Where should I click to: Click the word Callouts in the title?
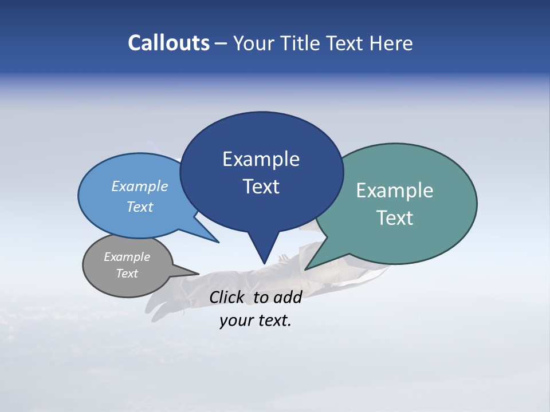[168, 43]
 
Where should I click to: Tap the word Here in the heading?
[391, 43]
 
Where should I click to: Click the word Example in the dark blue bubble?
[261, 159]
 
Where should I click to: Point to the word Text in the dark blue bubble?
[261, 187]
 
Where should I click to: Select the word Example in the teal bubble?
[395, 191]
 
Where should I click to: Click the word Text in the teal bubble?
[395, 218]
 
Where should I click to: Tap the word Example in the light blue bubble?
[140, 186]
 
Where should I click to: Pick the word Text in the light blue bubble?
[140, 207]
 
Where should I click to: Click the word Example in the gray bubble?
[127, 257]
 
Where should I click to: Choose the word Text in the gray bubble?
[127, 274]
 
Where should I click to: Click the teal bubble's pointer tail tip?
[308, 268]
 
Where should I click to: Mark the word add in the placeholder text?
[288, 297]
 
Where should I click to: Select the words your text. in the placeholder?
[256, 321]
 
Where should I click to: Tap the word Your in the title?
[254, 43]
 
